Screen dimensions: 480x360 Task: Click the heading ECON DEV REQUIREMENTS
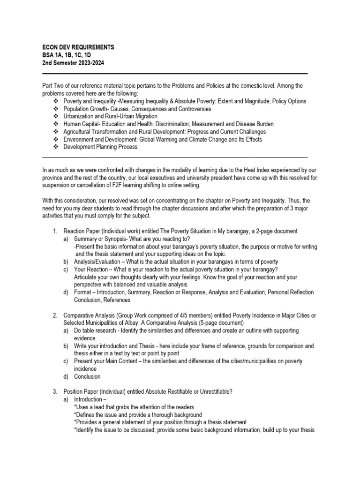click(x=78, y=48)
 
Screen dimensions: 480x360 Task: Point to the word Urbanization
click(x=81, y=116)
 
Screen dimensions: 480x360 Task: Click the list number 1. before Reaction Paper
click(x=55, y=231)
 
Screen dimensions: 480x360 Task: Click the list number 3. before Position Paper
click(x=55, y=392)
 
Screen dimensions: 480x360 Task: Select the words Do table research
click(x=95, y=330)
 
